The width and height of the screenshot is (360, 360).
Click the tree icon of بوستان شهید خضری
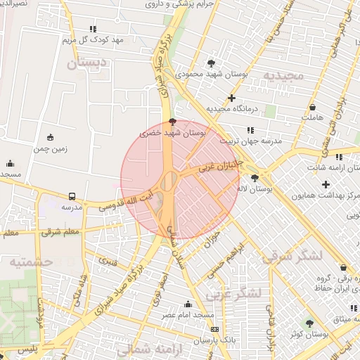click(x=173, y=122)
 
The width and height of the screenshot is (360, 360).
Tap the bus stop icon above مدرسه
click(x=72, y=197)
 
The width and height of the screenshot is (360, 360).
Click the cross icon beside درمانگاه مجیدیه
click(x=231, y=98)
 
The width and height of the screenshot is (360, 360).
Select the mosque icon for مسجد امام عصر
click(x=188, y=304)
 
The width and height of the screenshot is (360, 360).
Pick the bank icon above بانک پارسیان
click(x=214, y=329)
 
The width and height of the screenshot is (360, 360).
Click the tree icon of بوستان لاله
click(x=254, y=178)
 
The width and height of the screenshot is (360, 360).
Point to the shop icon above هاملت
click(x=312, y=108)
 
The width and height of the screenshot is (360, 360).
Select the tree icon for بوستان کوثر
click(x=309, y=323)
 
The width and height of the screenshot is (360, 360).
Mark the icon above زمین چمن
click(x=49, y=137)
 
